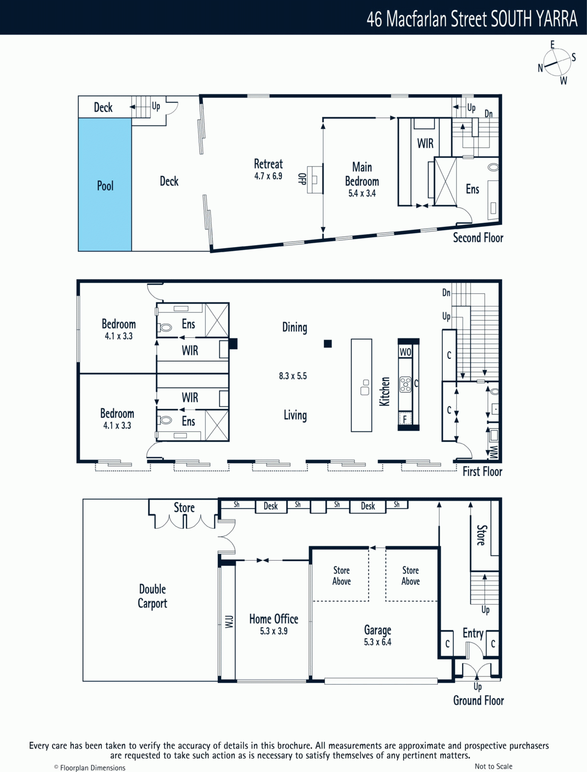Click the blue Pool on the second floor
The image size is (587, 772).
click(105, 185)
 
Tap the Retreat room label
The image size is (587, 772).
click(268, 164)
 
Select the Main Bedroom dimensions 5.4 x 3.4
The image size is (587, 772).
click(362, 193)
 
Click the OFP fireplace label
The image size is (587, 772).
click(302, 179)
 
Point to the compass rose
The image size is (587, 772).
click(557, 63)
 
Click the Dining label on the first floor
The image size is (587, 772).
click(295, 328)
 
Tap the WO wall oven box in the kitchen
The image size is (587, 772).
click(405, 352)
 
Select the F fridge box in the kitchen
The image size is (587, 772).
click(405, 418)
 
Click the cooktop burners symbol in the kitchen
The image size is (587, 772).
click(405, 385)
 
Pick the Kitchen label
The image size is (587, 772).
click(385, 391)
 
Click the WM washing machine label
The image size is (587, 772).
click(494, 452)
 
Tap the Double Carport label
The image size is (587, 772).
click(152, 596)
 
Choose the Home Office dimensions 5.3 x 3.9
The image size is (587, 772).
click(274, 631)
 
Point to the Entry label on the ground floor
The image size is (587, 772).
click(473, 633)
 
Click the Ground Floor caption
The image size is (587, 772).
click(478, 700)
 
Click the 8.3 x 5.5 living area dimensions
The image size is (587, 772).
click(293, 376)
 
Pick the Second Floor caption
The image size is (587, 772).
click(478, 238)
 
